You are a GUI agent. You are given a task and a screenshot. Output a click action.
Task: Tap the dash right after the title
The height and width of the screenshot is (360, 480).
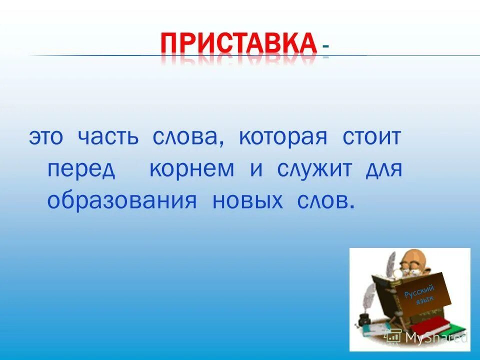pos(326,46)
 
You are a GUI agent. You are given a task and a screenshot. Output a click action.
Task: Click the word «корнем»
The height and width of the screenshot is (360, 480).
pos(191,169)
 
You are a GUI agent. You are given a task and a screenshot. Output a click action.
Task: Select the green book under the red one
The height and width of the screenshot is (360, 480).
pos(450,330)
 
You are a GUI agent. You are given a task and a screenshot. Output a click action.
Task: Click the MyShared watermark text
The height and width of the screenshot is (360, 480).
pos(435,337)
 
